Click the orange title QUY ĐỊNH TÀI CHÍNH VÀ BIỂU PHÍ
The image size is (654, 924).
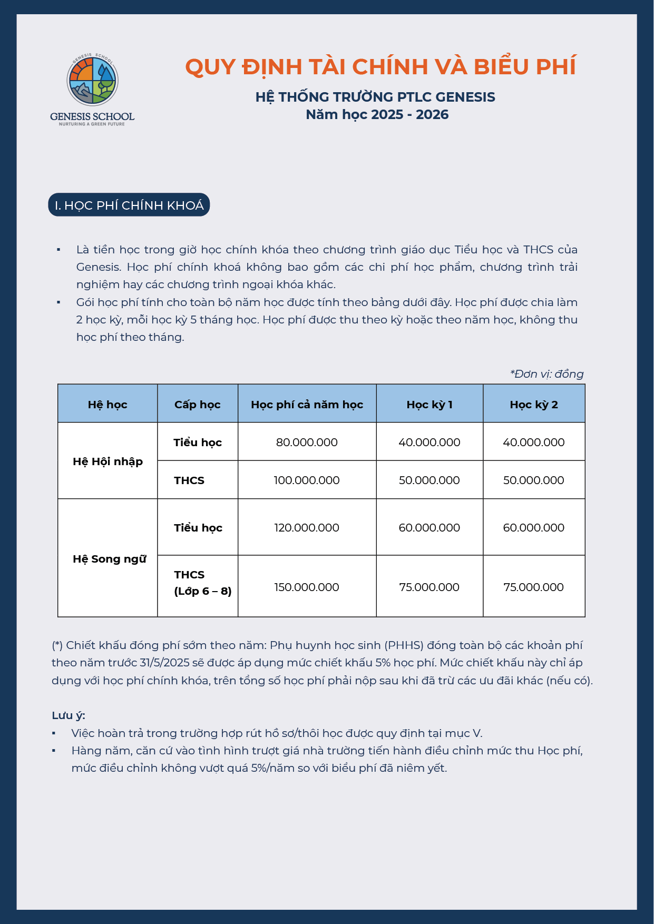click(380, 67)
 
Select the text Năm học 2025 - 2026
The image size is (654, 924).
click(377, 114)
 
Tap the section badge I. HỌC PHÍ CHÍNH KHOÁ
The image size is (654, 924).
click(129, 205)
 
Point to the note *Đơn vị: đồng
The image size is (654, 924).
click(546, 373)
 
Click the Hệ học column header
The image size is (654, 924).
click(108, 404)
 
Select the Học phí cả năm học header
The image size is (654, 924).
click(307, 404)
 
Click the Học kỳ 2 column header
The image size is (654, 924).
click(533, 404)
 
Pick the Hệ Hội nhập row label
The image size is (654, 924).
click(108, 461)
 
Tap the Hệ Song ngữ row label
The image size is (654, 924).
click(109, 558)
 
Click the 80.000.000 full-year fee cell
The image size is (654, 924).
click(307, 442)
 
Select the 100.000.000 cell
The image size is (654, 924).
click(307, 480)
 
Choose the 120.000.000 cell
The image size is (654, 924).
click(307, 527)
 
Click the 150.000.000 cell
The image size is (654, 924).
click(307, 587)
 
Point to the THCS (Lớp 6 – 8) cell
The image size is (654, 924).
click(202, 583)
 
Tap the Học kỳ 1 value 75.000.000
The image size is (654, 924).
click(429, 587)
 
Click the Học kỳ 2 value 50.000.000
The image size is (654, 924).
click(533, 480)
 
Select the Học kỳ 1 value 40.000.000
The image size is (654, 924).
click(429, 442)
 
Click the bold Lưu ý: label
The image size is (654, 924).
click(69, 715)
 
